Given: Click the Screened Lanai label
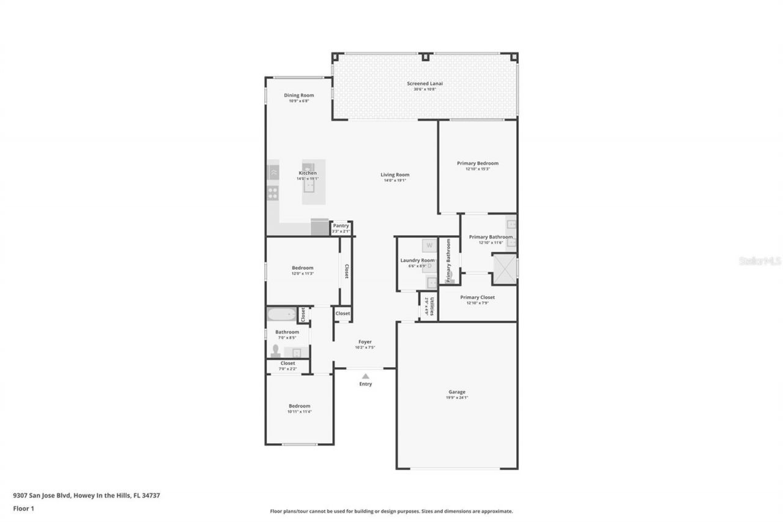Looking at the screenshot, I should (x=425, y=83).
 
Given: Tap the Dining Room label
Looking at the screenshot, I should (x=299, y=95).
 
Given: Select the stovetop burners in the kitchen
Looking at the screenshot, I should (x=273, y=193).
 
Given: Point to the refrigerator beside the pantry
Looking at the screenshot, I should (x=320, y=228).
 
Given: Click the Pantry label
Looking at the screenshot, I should (x=341, y=226).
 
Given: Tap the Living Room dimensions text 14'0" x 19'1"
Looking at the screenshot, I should (x=395, y=181).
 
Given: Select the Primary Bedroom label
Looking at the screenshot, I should (x=477, y=163).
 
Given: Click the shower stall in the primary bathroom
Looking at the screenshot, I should (x=505, y=269).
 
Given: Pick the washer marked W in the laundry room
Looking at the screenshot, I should (x=429, y=245).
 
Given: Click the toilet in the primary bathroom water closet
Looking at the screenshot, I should (x=448, y=280).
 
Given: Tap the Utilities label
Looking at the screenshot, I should (x=432, y=307).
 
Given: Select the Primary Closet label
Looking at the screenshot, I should (x=477, y=297).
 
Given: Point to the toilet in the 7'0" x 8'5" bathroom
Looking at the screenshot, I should (x=275, y=351).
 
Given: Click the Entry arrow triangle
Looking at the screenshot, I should (x=365, y=376).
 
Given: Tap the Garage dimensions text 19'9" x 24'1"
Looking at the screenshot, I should (x=457, y=398).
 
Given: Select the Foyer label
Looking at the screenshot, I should (x=365, y=342).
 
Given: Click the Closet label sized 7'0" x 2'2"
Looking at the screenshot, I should (x=288, y=364).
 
